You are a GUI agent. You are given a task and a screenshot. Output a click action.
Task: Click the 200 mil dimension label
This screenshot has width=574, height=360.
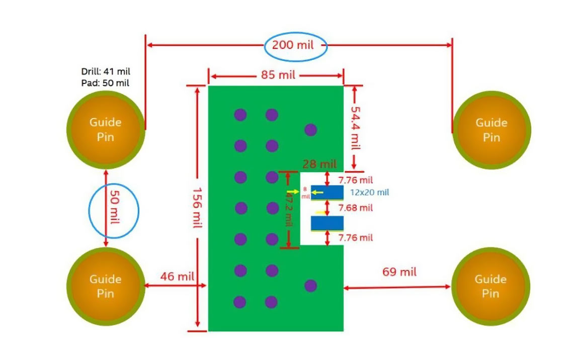pos(293,45)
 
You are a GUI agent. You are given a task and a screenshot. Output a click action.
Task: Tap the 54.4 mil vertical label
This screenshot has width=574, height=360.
pos(355,128)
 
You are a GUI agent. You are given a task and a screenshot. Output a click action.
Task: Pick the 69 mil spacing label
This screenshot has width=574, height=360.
pos(399,272)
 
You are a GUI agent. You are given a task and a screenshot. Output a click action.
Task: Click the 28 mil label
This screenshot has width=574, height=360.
pos(319,164)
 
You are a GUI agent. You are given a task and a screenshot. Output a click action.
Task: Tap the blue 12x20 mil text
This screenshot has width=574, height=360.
pos(370,192)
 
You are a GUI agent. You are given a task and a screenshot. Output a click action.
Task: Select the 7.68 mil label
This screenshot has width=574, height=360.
pos(355,208)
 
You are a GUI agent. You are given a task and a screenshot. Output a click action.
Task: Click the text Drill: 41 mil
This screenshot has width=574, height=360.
pos(106,72)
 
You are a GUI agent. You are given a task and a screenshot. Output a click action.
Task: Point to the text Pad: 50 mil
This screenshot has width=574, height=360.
pos(105,83)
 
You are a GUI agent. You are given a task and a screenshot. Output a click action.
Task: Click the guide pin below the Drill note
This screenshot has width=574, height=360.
pos(106,130)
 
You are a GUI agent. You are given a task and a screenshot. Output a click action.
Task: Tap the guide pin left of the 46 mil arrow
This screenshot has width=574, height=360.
pos(106,286)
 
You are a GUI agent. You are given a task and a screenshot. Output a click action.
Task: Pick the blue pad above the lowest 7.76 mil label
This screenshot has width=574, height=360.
pos(327,223)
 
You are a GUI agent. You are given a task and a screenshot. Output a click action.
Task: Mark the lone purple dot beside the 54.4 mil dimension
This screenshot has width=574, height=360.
pos(310,130)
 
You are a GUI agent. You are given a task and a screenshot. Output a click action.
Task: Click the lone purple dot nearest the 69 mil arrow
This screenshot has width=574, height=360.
pos(310,286)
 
